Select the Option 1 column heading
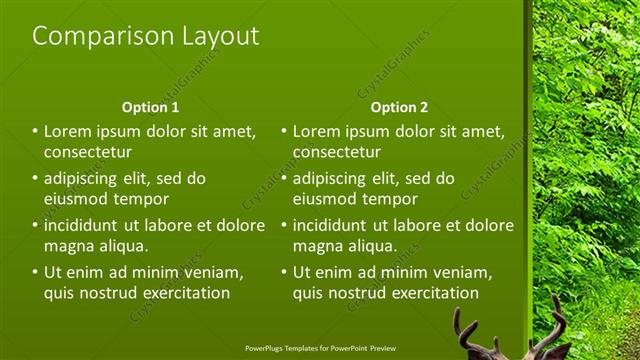point(150,107)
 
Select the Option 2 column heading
point(399,107)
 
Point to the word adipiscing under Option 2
point(335,178)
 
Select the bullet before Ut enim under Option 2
point(284,272)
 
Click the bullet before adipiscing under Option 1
point(35,178)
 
